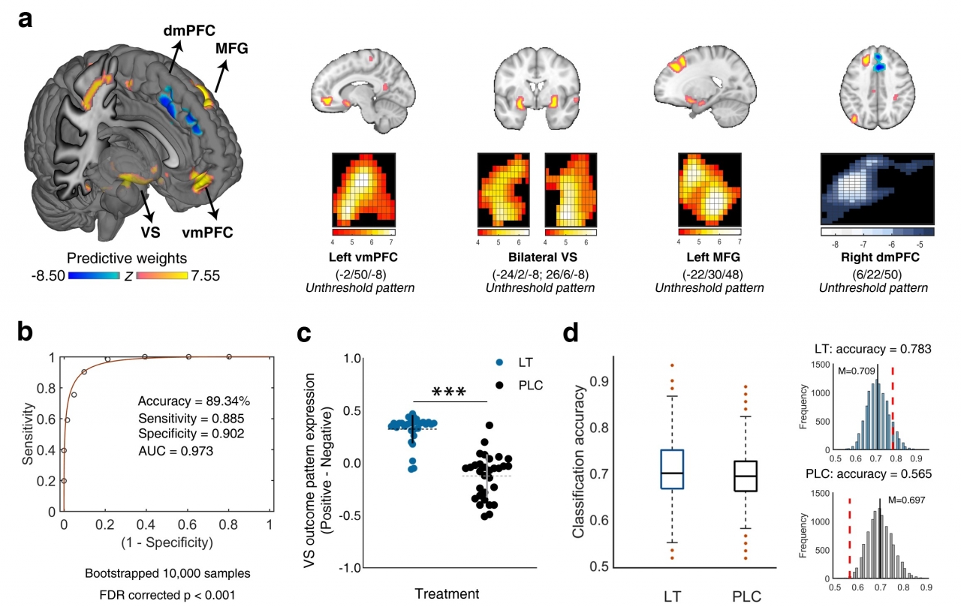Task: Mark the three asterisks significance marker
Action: pyautogui.click(x=449, y=392)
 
